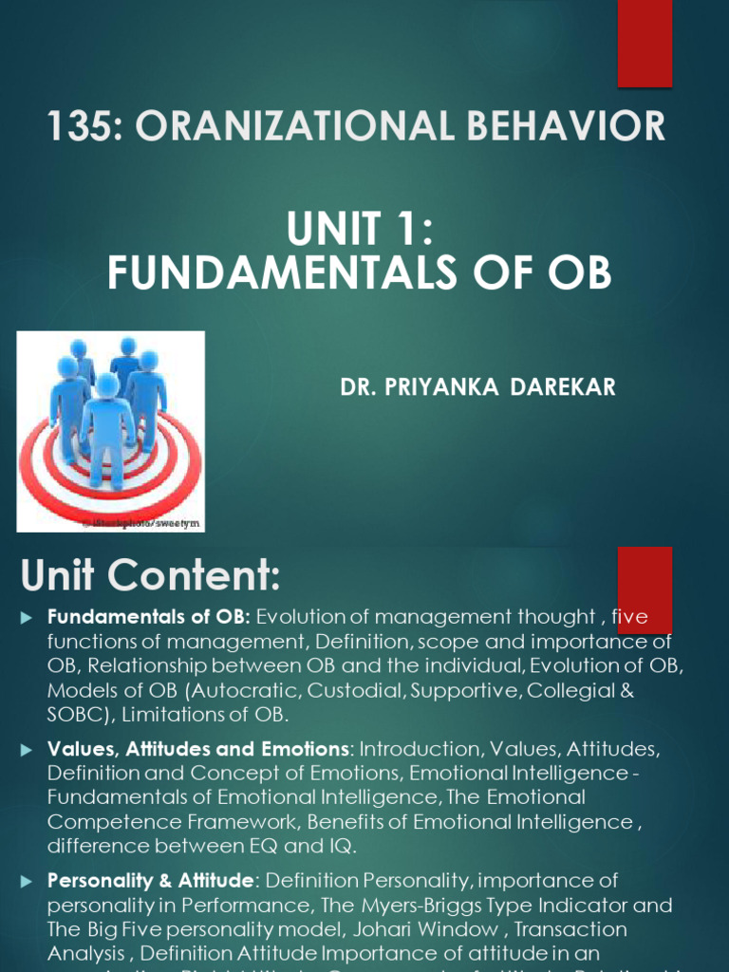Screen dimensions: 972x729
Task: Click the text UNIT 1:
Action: (360, 230)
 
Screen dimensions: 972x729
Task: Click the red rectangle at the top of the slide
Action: (645, 44)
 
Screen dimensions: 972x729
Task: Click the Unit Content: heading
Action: (151, 574)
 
